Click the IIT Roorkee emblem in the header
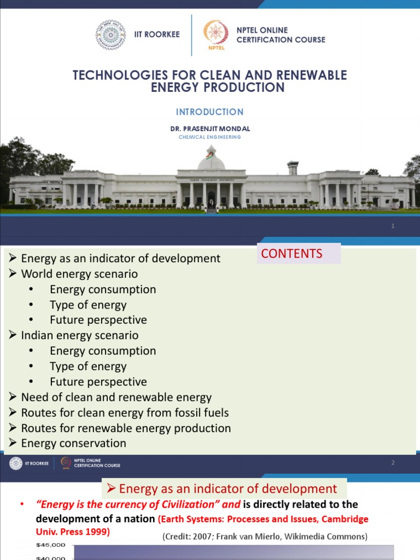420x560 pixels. [x=110, y=35]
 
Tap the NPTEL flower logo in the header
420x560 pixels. [x=215, y=33]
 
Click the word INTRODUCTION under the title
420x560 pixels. [x=209, y=112]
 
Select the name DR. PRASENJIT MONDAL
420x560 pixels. [x=209, y=129]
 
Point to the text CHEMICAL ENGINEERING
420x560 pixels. [x=209, y=137]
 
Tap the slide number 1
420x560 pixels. [x=393, y=226]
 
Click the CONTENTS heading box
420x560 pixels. [x=299, y=254]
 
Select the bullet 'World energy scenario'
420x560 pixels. [x=79, y=274]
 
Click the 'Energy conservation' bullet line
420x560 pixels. [x=73, y=443]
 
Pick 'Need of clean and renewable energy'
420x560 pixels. [x=116, y=398]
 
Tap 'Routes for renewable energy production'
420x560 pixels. [x=126, y=428]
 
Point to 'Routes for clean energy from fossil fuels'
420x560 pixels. [x=125, y=413]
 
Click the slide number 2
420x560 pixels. [x=393, y=463]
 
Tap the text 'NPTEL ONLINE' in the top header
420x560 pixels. [x=262, y=30]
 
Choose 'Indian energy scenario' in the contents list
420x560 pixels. [x=80, y=335]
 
